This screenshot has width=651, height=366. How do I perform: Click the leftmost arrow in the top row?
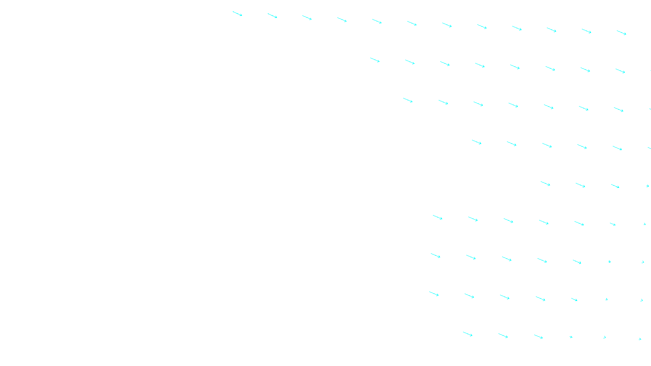coord(237,14)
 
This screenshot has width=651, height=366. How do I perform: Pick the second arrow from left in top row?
coord(272,16)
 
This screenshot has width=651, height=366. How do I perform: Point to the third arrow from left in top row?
coord(307,17)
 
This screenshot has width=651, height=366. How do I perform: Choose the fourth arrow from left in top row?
coord(342,20)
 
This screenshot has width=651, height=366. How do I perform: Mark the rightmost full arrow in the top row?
coord(621,33)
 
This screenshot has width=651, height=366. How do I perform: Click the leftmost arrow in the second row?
coord(375,60)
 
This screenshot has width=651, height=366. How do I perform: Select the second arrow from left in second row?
coord(410,62)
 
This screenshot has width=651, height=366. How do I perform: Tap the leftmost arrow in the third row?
coord(408,100)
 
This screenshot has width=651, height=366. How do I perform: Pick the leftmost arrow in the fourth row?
coord(476,142)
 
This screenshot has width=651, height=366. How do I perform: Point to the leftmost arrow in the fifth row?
coord(545,184)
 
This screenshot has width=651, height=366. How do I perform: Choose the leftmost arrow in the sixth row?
coord(437,218)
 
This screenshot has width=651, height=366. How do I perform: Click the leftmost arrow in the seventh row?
coord(435,256)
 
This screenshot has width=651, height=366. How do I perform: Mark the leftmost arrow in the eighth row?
coord(434,294)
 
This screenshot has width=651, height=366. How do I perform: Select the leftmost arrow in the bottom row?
coord(467,334)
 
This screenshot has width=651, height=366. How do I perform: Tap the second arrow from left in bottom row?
coord(503,336)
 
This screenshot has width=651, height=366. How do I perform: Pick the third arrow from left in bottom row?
coord(538,337)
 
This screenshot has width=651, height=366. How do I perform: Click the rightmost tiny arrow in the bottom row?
coord(640,339)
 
